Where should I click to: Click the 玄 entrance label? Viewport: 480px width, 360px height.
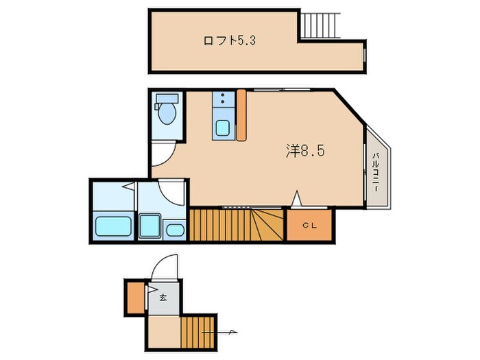tap(163, 298)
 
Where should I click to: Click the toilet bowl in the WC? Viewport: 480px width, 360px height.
tap(166, 112)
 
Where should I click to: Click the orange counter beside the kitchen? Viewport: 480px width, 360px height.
tap(241, 115)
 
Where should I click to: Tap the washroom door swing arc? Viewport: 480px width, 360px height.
tap(171, 192)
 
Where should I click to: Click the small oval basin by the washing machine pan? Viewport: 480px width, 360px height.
tap(175, 229)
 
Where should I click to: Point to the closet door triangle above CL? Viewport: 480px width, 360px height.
tap(296, 199)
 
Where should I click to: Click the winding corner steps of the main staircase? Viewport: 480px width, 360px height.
tap(267, 224)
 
